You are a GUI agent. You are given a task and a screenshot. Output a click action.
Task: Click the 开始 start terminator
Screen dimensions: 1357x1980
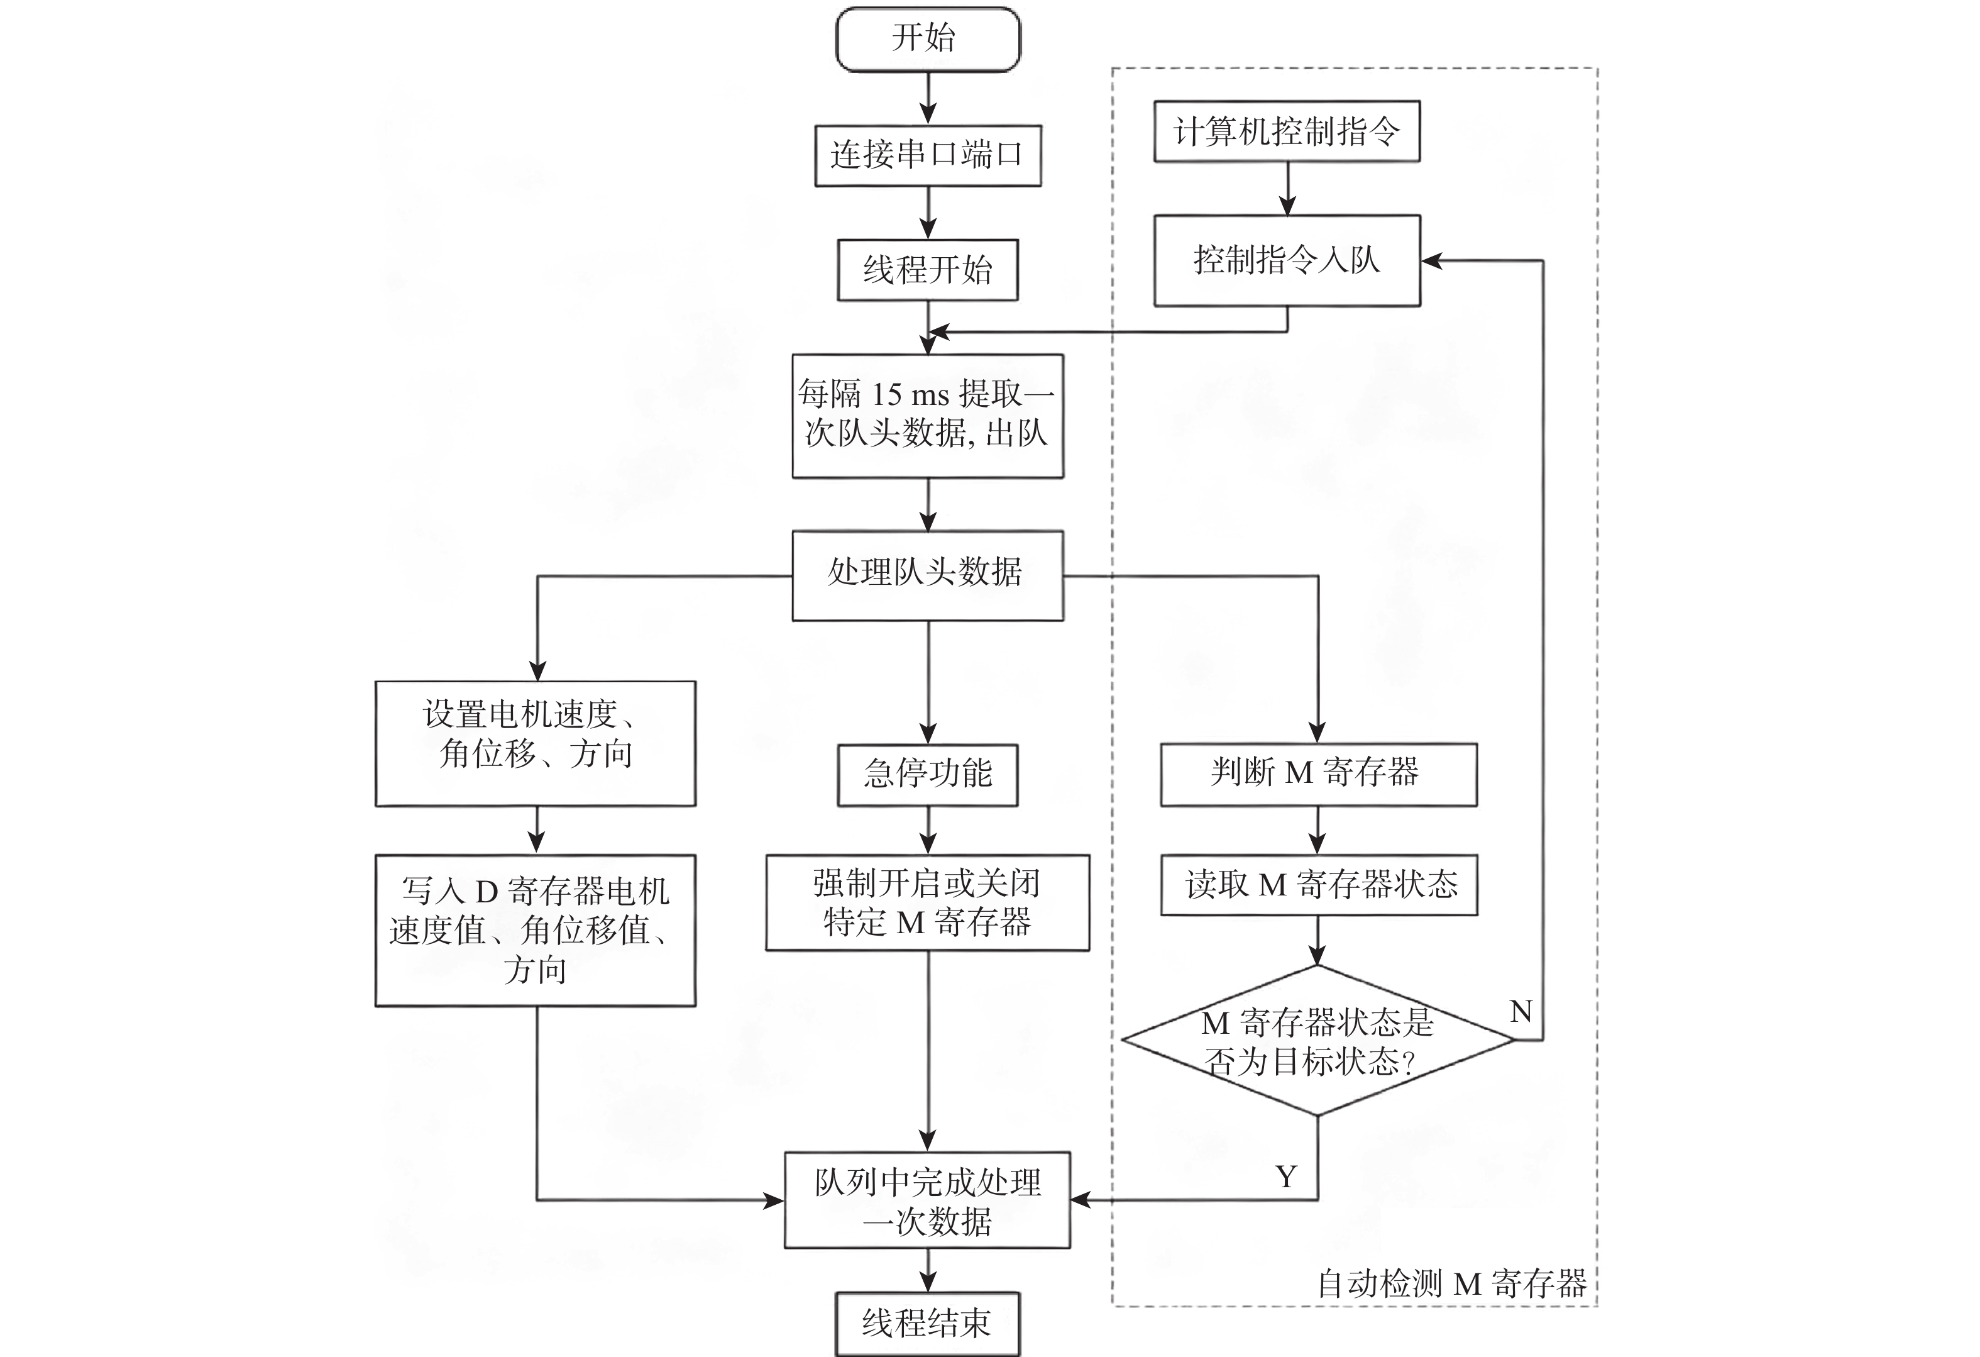point(927,39)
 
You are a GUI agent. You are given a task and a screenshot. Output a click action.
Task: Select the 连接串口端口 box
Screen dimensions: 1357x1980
point(927,155)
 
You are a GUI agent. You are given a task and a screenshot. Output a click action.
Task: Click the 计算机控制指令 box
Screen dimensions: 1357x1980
point(1287,131)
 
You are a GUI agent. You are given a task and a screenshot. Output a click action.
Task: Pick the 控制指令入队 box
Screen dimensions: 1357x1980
point(1287,260)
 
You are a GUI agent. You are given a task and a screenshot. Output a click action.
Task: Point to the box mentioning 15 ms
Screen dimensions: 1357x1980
point(927,415)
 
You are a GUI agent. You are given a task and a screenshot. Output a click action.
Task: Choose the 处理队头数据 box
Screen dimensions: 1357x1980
point(927,575)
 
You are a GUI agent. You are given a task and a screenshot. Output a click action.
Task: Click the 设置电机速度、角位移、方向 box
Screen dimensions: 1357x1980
point(535,743)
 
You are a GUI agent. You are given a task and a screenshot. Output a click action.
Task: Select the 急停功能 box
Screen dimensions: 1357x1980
point(927,774)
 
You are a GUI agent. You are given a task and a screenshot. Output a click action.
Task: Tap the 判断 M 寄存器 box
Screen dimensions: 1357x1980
point(1318,774)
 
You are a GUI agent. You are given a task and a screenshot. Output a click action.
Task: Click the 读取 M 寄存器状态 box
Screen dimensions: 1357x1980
point(1318,885)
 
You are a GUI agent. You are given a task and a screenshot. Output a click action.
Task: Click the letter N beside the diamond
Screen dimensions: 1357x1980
point(1520,1012)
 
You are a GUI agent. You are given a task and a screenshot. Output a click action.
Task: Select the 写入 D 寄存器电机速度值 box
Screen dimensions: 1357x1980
point(535,930)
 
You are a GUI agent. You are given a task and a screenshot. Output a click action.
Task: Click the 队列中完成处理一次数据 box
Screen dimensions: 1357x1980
point(927,1200)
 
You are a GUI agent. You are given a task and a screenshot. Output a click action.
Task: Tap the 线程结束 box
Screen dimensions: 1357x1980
point(927,1324)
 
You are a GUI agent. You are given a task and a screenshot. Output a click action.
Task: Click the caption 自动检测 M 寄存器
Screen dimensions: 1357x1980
point(1451,1283)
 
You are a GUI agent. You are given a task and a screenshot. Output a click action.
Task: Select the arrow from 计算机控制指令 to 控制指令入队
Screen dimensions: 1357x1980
point(1287,189)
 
